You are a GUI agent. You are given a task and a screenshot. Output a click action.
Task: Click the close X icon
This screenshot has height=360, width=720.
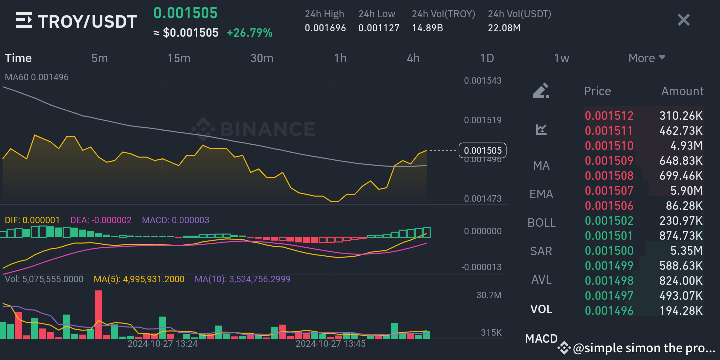coord(683,20)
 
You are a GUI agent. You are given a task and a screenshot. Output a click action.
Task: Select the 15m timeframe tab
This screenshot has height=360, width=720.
coord(179,58)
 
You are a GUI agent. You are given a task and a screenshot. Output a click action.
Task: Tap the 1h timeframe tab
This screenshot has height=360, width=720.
coord(340,58)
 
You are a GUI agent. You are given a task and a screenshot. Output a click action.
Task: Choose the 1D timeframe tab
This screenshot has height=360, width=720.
coord(487,58)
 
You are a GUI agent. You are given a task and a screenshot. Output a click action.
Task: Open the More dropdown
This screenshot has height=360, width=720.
coord(647,58)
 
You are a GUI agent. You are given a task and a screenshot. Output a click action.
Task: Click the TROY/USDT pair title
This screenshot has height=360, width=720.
coord(87,21)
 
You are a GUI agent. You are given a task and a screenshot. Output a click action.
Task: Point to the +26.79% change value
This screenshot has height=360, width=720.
coord(250,33)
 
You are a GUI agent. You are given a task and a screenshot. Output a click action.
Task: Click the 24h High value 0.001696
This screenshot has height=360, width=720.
coord(325,28)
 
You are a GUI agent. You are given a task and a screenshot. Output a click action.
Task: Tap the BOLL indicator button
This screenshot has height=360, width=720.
coord(541,222)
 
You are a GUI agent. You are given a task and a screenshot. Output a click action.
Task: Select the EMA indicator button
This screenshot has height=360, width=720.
coord(541,194)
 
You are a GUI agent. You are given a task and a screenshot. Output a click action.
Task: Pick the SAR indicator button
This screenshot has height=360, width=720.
coord(541,251)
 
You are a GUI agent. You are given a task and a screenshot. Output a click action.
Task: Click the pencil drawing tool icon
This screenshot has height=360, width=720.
coord(541,91)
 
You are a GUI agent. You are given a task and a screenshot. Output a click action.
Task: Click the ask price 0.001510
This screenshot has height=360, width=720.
coord(609,146)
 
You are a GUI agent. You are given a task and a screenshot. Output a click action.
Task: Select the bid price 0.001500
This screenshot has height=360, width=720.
coord(609,251)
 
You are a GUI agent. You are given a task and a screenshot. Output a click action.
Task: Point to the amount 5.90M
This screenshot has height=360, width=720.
coord(687,191)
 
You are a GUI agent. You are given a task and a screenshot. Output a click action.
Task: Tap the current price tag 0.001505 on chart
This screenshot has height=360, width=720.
coord(482,150)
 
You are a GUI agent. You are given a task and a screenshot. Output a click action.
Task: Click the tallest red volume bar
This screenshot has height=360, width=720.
coord(98,315)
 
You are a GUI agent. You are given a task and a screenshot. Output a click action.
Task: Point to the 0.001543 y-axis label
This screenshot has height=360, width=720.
coord(482,81)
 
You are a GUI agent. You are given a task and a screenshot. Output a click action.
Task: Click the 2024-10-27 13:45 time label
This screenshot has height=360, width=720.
coord(330,344)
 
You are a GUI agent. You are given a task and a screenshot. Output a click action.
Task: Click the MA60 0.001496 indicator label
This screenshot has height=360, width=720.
coord(37,77)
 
